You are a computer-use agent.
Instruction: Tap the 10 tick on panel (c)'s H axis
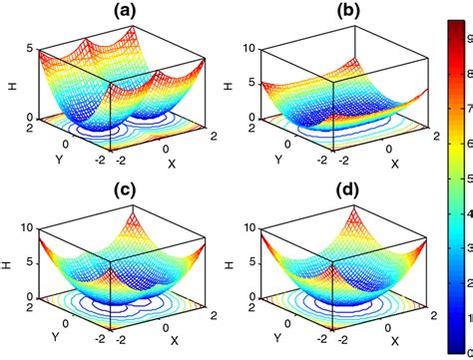click(x=26, y=226)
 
